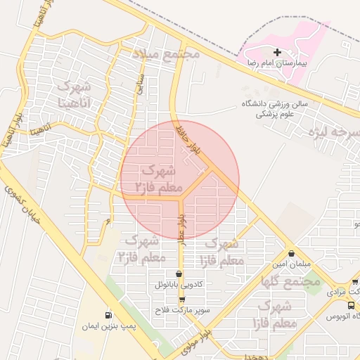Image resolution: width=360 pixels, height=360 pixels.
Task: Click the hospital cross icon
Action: point(277,52)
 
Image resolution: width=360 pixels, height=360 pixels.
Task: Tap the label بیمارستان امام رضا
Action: point(277,63)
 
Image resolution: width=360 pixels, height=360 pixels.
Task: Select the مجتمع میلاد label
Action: point(167,54)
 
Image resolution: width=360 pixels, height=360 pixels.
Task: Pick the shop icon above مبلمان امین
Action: point(291,253)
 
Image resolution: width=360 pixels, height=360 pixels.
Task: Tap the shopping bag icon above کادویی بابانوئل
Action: point(178,274)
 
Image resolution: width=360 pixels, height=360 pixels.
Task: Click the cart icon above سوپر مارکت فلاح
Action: point(181,299)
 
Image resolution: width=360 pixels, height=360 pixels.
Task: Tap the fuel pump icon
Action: point(108,315)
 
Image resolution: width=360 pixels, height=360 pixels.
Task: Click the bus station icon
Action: point(351,305)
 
